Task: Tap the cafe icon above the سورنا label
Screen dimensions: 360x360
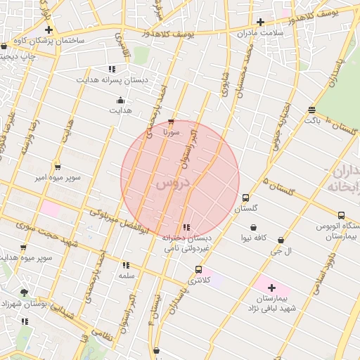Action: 171,122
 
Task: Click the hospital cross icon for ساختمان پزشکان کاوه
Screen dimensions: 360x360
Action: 49,30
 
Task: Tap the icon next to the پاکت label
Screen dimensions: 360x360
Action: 311,110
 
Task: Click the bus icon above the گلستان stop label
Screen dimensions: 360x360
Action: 245,198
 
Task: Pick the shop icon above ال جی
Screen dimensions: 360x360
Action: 281,240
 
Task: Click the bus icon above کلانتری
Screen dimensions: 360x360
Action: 199,269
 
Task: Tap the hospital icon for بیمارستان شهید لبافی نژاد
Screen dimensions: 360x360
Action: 272,288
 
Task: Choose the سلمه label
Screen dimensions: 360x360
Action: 127,276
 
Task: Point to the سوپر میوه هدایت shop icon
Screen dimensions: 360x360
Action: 23,247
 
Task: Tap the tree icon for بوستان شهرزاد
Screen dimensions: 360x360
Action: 25,292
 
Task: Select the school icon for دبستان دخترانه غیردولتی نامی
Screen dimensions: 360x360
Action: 186,227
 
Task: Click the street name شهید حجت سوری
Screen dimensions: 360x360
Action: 39,233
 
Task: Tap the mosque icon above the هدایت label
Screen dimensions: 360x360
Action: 120,100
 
